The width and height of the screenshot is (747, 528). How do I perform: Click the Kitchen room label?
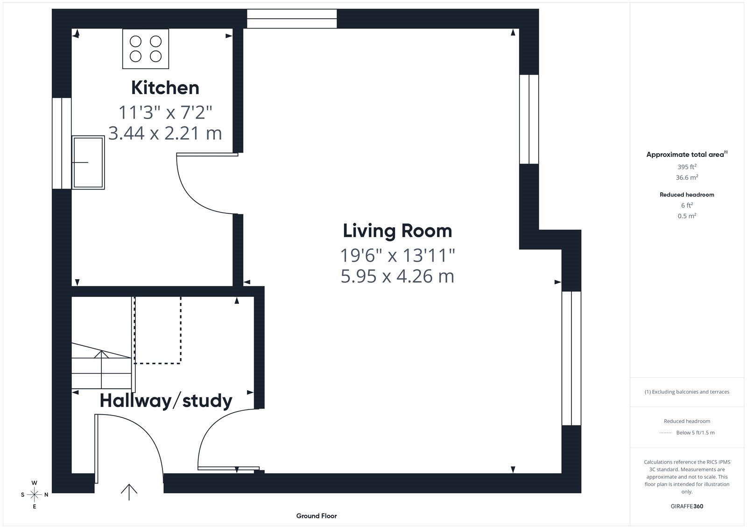click(x=165, y=88)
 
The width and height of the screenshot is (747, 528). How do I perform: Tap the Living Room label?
click(x=397, y=231)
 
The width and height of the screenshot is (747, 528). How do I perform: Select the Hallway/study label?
click(x=166, y=401)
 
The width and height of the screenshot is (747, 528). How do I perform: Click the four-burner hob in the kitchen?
click(x=145, y=49)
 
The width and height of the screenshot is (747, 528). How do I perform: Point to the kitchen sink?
click(x=88, y=162)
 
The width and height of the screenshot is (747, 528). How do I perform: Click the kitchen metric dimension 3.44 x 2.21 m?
click(x=165, y=133)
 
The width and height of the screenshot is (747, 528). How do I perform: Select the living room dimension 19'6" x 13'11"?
click(x=397, y=255)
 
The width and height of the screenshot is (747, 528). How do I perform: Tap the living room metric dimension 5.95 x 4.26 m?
click(x=397, y=276)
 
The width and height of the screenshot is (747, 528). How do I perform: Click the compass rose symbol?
click(x=35, y=494)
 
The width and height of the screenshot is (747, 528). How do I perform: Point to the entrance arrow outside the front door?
click(x=129, y=492)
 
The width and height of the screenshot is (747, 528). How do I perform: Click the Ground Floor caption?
click(x=317, y=516)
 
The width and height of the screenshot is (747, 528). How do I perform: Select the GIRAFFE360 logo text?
click(x=687, y=506)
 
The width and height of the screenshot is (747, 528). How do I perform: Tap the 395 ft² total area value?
click(x=687, y=167)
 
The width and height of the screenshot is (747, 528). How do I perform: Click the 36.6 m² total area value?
click(x=687, y=177)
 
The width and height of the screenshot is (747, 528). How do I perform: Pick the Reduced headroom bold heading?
click(x=687, y=195)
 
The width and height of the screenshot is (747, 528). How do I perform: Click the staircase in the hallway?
click(x=101, y=366)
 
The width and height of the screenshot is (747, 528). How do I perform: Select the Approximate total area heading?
click(x=687, y=154)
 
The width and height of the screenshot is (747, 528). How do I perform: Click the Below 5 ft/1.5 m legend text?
click(x=695, y=433)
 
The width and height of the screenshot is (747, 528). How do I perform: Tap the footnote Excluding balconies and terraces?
click(x=687, y=392)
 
